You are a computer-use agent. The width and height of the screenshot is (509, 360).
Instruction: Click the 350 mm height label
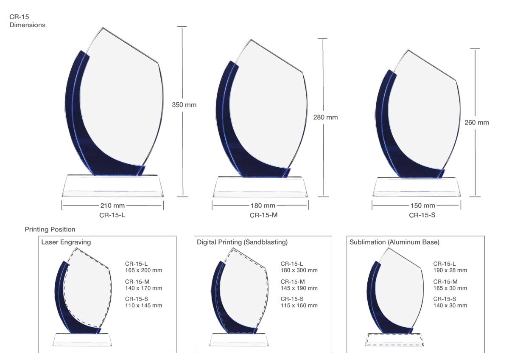[184, 105]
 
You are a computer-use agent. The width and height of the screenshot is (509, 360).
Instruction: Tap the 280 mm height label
[325, 117]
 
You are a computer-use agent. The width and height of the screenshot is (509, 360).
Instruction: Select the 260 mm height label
[476, 123]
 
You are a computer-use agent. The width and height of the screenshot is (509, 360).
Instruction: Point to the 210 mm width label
[112, 205]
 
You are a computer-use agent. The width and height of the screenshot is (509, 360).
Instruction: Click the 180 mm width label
[263, 205]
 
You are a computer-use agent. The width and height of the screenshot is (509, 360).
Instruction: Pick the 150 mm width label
[422, 205]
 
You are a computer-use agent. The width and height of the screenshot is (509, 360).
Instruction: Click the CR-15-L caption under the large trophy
[112, 215]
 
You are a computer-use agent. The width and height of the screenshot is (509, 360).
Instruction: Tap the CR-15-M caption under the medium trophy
[263, 215]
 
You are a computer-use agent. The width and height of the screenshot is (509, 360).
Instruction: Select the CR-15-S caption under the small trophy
[422, 215]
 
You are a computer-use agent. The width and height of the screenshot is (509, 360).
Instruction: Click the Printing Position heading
[50, 229]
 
